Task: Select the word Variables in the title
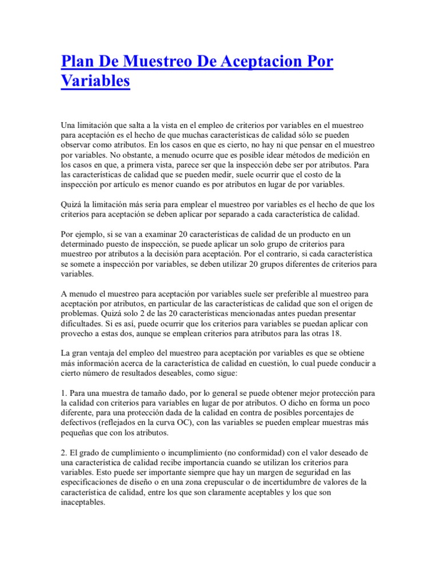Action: (x=95, y=81)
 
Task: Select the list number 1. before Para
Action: (x=64, y=394)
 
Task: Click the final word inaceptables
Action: (x=83, y=503)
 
